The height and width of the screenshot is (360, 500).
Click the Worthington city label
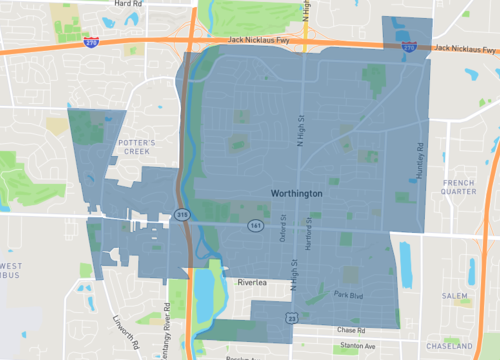[296, 192]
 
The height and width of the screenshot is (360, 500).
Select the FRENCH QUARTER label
[460, 189]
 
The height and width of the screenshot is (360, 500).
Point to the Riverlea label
[254, 283]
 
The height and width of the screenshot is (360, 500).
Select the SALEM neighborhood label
[455, 295]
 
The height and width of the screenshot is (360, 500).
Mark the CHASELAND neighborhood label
[451, 344]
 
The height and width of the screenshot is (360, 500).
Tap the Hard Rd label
[128, 4]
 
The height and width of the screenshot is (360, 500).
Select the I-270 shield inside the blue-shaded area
[409, 46]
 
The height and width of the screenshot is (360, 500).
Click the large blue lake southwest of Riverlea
[204, 296]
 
